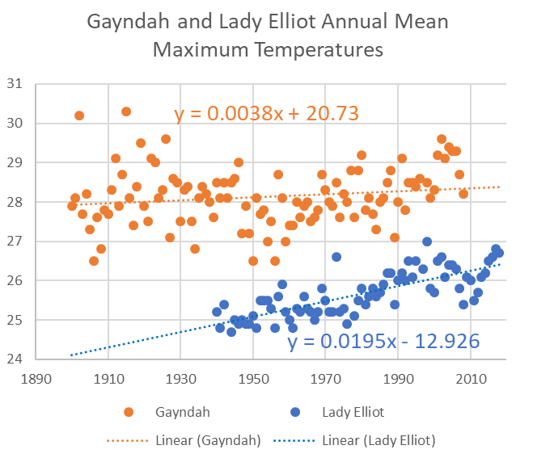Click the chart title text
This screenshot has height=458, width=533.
tap(267, 36)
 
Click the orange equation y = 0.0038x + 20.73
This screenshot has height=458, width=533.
tap(267, 115)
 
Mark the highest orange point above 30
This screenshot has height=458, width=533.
tap(126, 111)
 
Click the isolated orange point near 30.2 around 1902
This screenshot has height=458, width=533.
tap(79, 116)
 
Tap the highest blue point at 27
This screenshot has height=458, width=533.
tap(427, 242)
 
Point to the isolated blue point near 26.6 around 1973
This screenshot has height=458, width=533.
tap(336, 257)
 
